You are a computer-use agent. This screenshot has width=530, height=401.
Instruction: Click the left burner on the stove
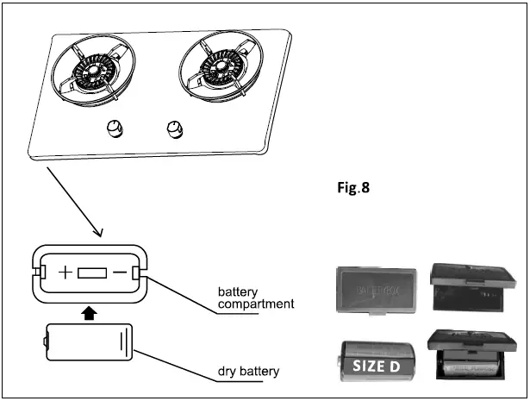[x=92, y=71]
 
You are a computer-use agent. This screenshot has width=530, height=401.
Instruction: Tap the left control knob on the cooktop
[x=113, y=131]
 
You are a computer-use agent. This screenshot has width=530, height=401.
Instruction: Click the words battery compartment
[x=255, y=298]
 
